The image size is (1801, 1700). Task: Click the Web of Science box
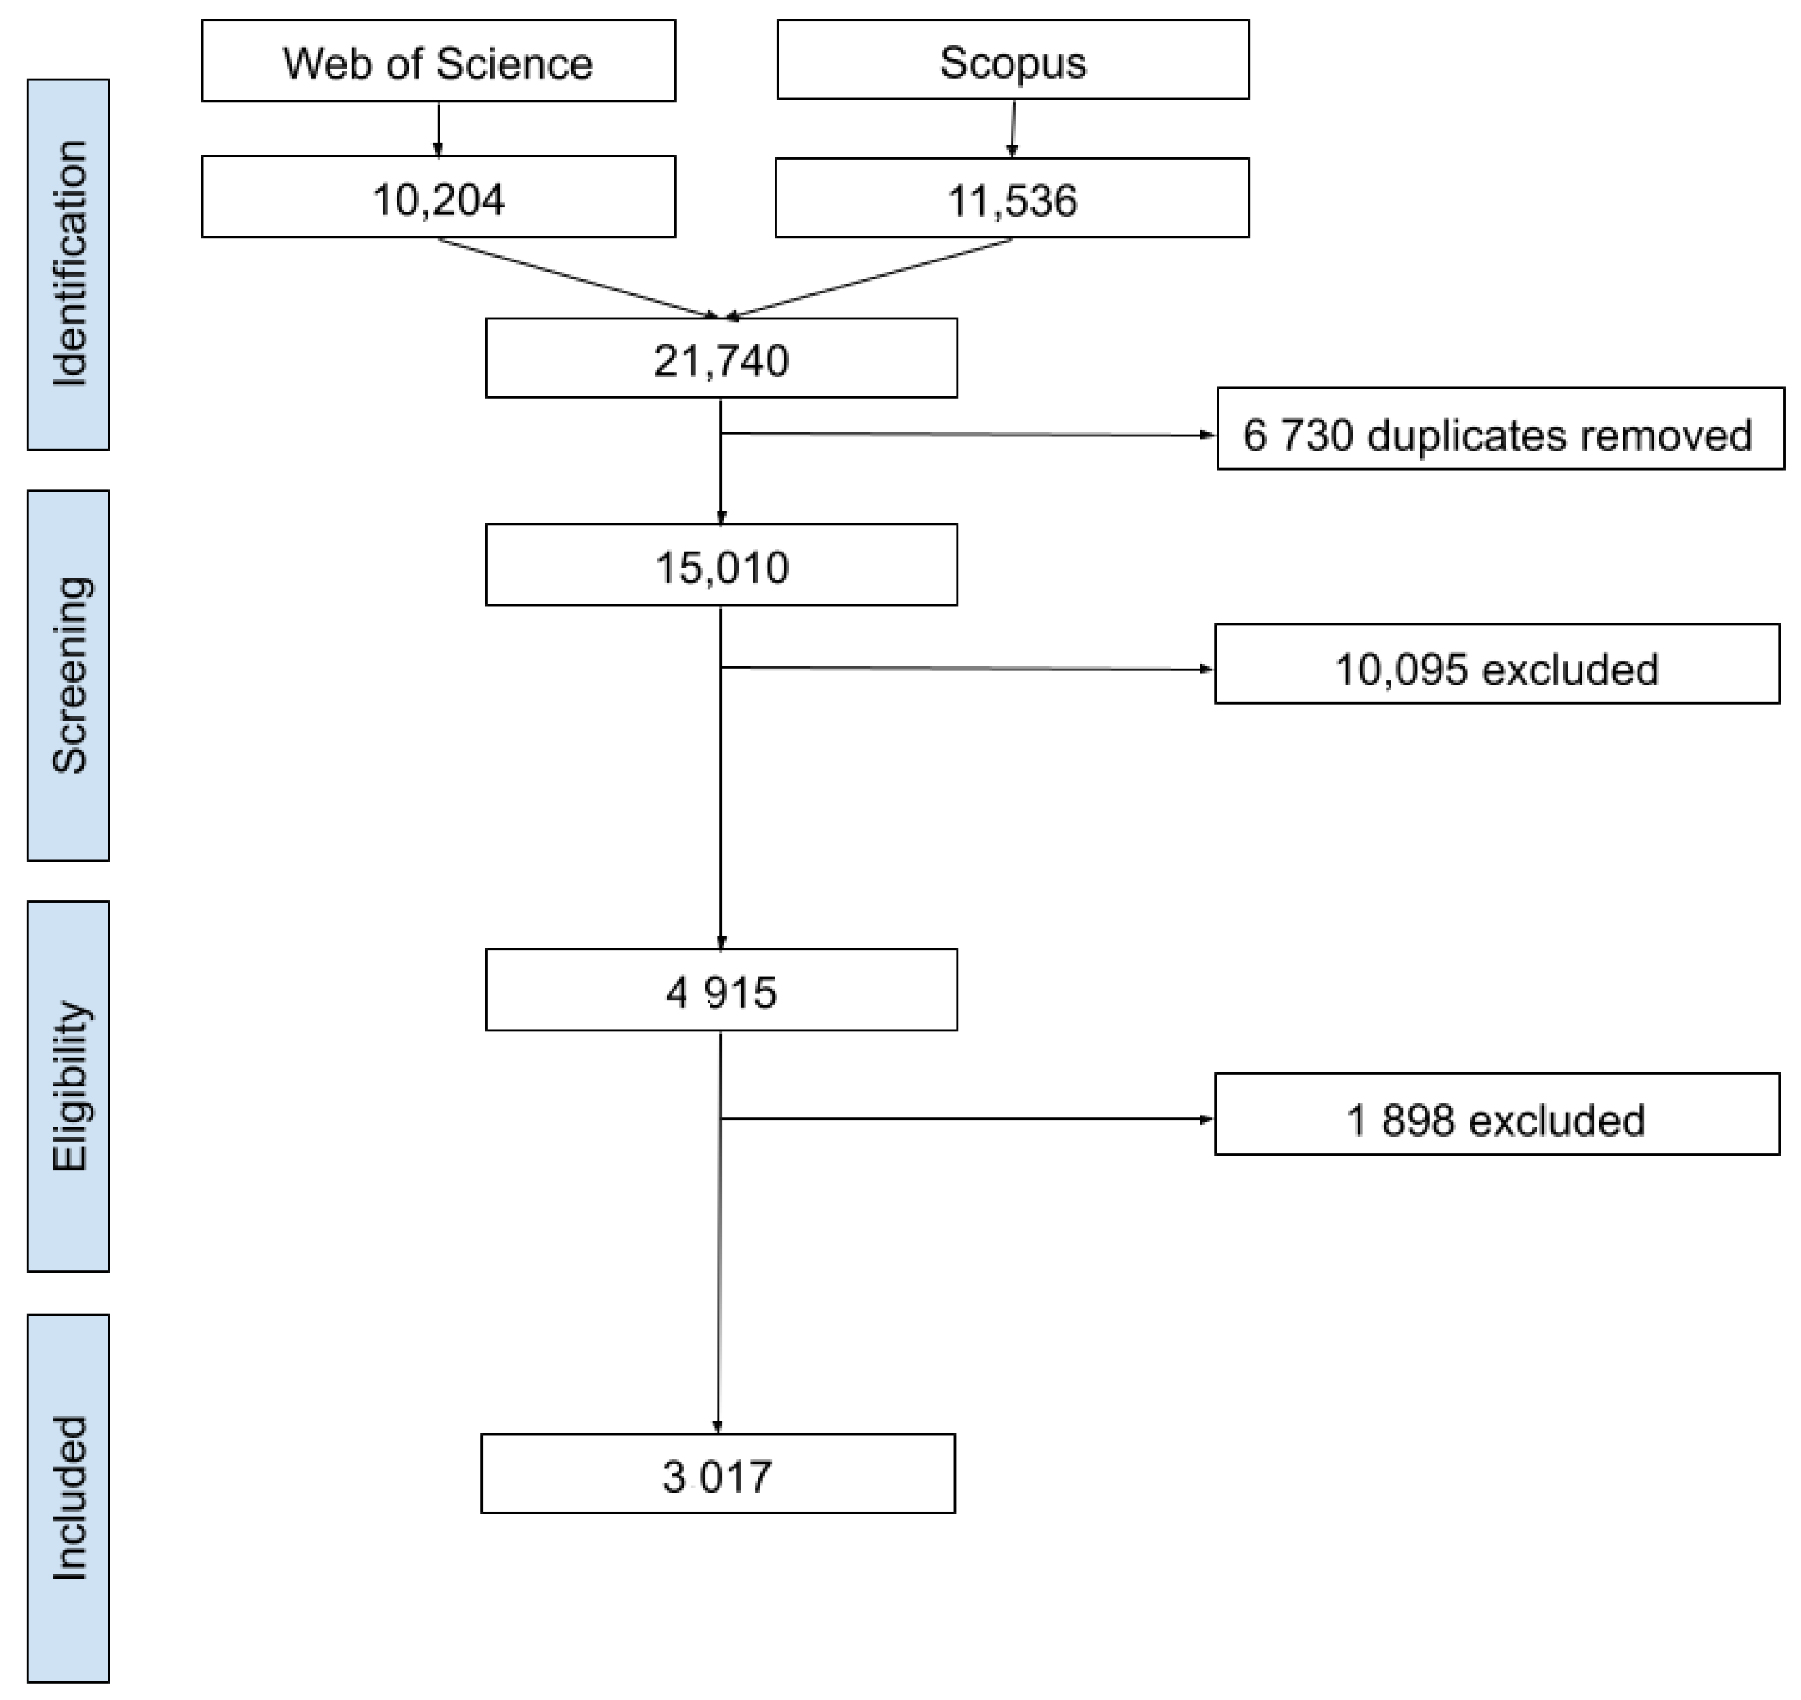coord(438,61)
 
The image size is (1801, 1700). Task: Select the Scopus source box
coord(1012,60)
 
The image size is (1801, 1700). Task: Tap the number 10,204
coord(438,199)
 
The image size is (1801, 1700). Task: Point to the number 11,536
coord(1012,199)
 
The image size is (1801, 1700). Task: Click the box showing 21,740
coord(721,359)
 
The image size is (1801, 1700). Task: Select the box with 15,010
coord(721,565)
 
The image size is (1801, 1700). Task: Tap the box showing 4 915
coord(721,991)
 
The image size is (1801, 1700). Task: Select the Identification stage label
coord(68,264)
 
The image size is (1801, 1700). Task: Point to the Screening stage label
coord(68,675)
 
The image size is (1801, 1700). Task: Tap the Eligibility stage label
coord(68,1086)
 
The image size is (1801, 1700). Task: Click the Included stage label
coord(68,1498)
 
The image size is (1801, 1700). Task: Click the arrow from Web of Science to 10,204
coord(438,129)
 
